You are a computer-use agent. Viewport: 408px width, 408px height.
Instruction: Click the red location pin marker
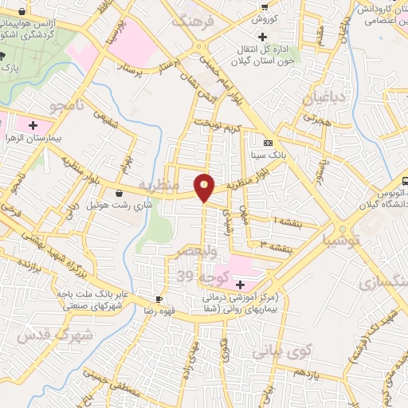point(205,186)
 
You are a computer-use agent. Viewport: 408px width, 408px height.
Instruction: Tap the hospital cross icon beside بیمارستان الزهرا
point(33,124)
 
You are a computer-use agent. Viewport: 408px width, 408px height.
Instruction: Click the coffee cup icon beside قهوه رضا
point(159,300)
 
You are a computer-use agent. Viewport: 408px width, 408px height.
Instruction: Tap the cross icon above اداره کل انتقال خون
point(263,37)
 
